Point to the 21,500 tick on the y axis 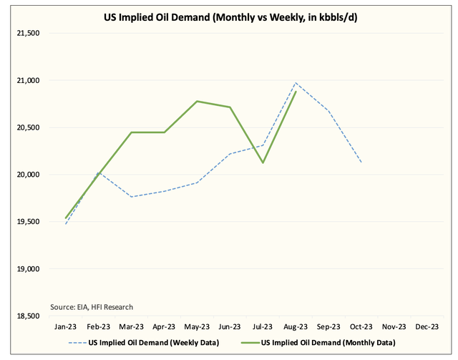(x=26, y=34)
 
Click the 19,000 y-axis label (x=26, y=269)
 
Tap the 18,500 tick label (x=26, y=316)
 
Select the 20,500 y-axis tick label (x=26, y=127)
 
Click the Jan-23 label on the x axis (x=66, y=326)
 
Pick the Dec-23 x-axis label (x=427, y=326)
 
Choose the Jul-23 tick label (x=263, y=326)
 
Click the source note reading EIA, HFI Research (x=92, y=307)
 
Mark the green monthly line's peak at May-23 (x=198, y=102)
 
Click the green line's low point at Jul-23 (x=263, y=162)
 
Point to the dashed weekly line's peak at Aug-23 (x=296, y=83)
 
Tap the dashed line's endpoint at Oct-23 (x=361, y=162)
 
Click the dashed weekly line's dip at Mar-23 (x=132, y=197)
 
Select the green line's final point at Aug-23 (x=296, y=92)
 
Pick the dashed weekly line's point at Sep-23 (x=328, y=110)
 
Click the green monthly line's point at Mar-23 (x=132, y=132)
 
